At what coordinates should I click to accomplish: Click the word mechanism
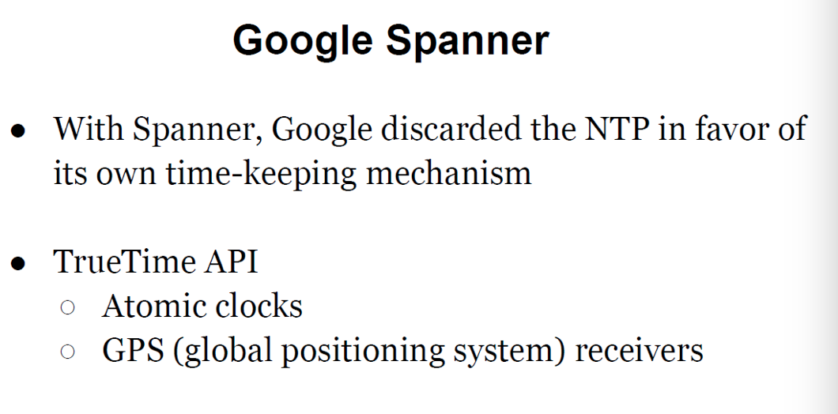449,174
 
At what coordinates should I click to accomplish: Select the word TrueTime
125,262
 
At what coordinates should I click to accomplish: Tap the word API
231,262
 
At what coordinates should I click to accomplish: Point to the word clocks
259,306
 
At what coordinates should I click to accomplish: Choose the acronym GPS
133,351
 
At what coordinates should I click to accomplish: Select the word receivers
640,352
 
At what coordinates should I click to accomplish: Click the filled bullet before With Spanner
18,131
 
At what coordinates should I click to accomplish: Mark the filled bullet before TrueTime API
18,264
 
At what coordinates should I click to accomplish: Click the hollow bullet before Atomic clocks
68,307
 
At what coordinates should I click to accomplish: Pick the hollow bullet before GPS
68,352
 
